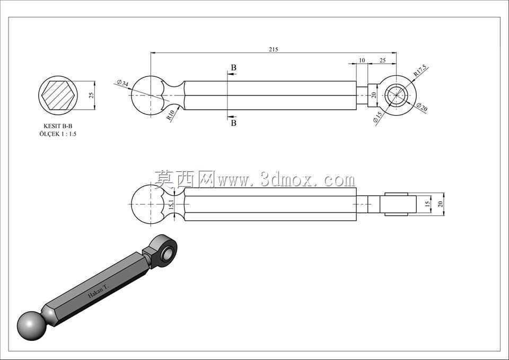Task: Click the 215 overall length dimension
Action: pos(274,49)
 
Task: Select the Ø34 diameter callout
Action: pos(123,83)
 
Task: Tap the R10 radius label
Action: pos(171,115)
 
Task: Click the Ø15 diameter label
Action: pos(378,117)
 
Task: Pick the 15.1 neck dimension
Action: pos(171,204)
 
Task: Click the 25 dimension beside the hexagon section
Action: pos(92,95)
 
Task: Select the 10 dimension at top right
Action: pos(362,60)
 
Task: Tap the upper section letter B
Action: pos(233,67)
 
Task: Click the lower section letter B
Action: pos(233,122)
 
